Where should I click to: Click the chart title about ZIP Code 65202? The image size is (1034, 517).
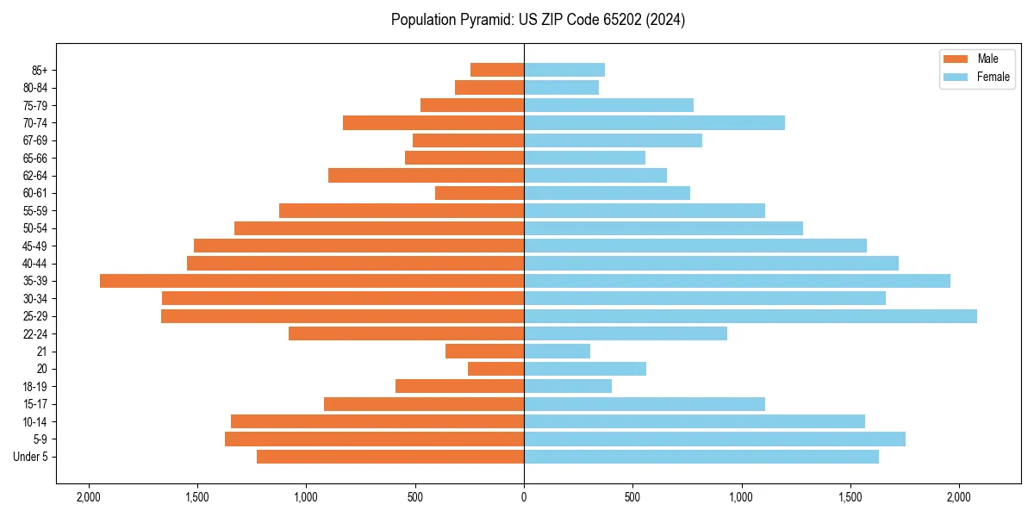pos(538,20)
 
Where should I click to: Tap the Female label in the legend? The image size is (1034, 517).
pos(994,77)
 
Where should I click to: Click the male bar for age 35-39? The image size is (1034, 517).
pos(312,281)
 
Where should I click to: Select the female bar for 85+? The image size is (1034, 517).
pos(564,70)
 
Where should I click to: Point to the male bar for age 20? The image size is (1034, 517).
pos(495,369)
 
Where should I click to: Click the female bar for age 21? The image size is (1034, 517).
pos(557,352)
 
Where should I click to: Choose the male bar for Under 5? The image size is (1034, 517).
pos(390,457)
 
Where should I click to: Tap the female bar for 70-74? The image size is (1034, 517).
pos(654,123)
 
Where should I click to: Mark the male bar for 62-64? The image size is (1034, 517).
pos(426,176)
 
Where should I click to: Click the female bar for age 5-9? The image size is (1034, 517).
pos(714,439)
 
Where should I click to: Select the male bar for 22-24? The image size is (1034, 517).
pos(406,333)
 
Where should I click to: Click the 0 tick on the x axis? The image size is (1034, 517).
pos(524,496)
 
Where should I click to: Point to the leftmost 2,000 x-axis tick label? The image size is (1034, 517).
pos(88,496)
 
